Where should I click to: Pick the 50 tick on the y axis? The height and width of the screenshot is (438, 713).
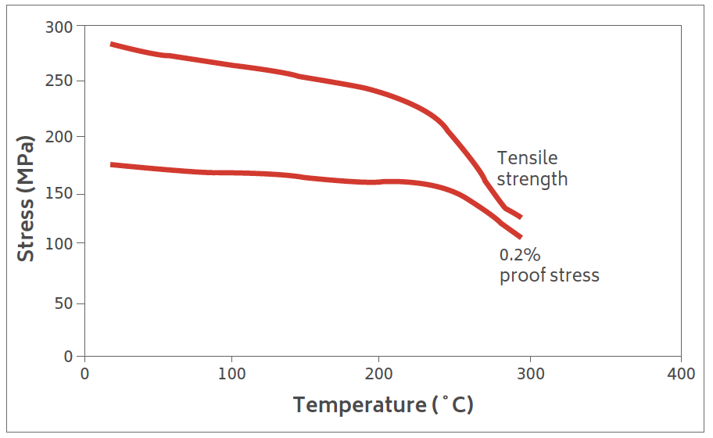tap(63, 303)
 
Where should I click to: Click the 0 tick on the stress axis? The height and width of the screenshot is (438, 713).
tap(67, 356)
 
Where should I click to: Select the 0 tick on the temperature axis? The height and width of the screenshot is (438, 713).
tap(84, 374)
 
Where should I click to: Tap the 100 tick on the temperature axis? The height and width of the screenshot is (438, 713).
tap(231, 374)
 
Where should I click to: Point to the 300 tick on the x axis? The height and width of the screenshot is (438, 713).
tap(530, 374)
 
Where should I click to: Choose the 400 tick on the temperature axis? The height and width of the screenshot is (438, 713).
tap(680, 374)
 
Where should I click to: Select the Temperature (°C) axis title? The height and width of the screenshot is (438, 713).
tap(383, 405)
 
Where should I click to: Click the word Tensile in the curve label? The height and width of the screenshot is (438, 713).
tap(528, 158)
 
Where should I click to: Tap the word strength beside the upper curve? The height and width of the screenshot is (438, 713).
tap(532, 179)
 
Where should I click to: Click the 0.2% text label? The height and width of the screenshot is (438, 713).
tap(520, 255)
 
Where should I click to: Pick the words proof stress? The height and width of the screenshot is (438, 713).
tap(550, 275)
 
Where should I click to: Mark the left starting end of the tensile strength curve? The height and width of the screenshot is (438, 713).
tap(112, 44)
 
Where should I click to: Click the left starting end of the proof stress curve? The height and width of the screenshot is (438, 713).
tap(112, 164)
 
